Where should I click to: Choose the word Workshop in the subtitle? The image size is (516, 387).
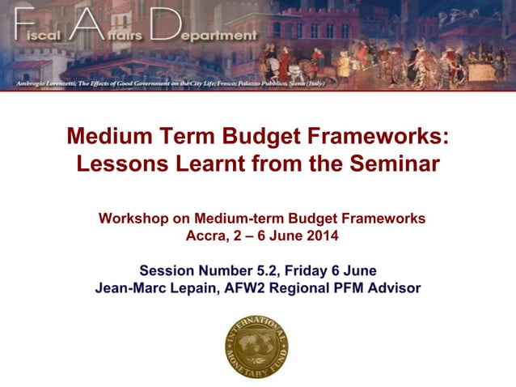point(129,219)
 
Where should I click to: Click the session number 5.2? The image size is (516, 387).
point(285,270)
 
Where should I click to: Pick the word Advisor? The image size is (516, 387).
point(395,287)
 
